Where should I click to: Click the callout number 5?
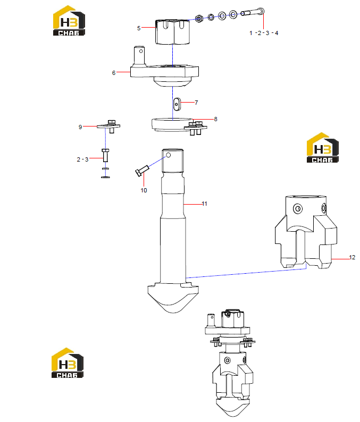pyautogui.click(x=139, y=28)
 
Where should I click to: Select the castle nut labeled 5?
pyautogui.click(x=173, y=32)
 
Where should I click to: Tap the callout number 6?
pyautogui.click(x=114, y=73)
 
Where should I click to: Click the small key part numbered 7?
pyautogui.click(x=177, y=104)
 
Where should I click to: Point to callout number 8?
pyautogui.click(x=216, y=119)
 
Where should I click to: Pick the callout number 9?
pyautogui.click(x=80, y=127)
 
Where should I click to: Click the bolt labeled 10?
pyautogui.click(x=142, y=171)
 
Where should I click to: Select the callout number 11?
pyautogui.click(x=205, y=204)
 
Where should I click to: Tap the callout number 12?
pyautogui.click(x=352, y=257)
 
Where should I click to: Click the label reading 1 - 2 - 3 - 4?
pyautogui.click(x=264, y=33)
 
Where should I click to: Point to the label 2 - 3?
pyautogui.click(x=82, y=159)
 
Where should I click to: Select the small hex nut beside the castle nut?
pyautogui.click(x=199, y=19)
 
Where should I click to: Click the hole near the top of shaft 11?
pyautogui.click(x=168, y=155)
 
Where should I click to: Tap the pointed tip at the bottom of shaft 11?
pyautogui.click(x=173, y=313)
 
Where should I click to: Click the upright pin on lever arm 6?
pyautogui.click(x=139, y=55)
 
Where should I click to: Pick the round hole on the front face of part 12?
pyautogui.click(x=298, y=208)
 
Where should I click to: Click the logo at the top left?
pyautogui.click(x=69, y=20)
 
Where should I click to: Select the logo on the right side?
pyautogui.click(x=323, y=147)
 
